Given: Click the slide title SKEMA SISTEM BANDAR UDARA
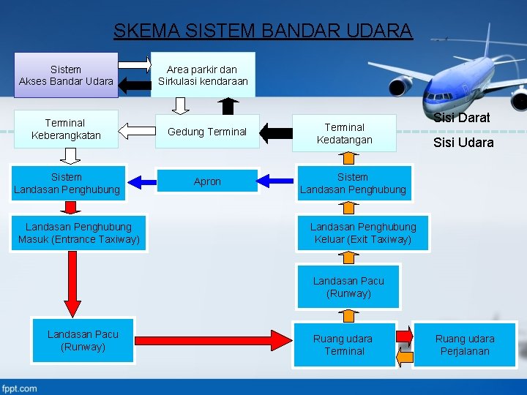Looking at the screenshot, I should pos(263,31).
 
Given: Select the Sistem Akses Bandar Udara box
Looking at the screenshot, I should pos(66,75).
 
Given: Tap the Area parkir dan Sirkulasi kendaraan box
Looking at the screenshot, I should pos(203,75).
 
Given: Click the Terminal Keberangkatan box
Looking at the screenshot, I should pos(65,129).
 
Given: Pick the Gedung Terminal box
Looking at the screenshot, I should pos(207,132).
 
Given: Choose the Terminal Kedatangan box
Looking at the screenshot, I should pos(344,133).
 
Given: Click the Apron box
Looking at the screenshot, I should pos(207,181).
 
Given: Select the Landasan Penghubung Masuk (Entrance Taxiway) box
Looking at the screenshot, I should pos(79,233).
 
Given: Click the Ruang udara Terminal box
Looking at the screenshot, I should pos(343,345).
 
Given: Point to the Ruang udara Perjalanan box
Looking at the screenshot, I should pos(464,345).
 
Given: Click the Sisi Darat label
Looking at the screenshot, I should pos(461,118).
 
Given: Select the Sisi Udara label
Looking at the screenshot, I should pos(463,143).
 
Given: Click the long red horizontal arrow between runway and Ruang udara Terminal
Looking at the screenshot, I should pos(214,341).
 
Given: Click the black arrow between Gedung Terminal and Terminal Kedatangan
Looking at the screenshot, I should pos(275,132).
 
